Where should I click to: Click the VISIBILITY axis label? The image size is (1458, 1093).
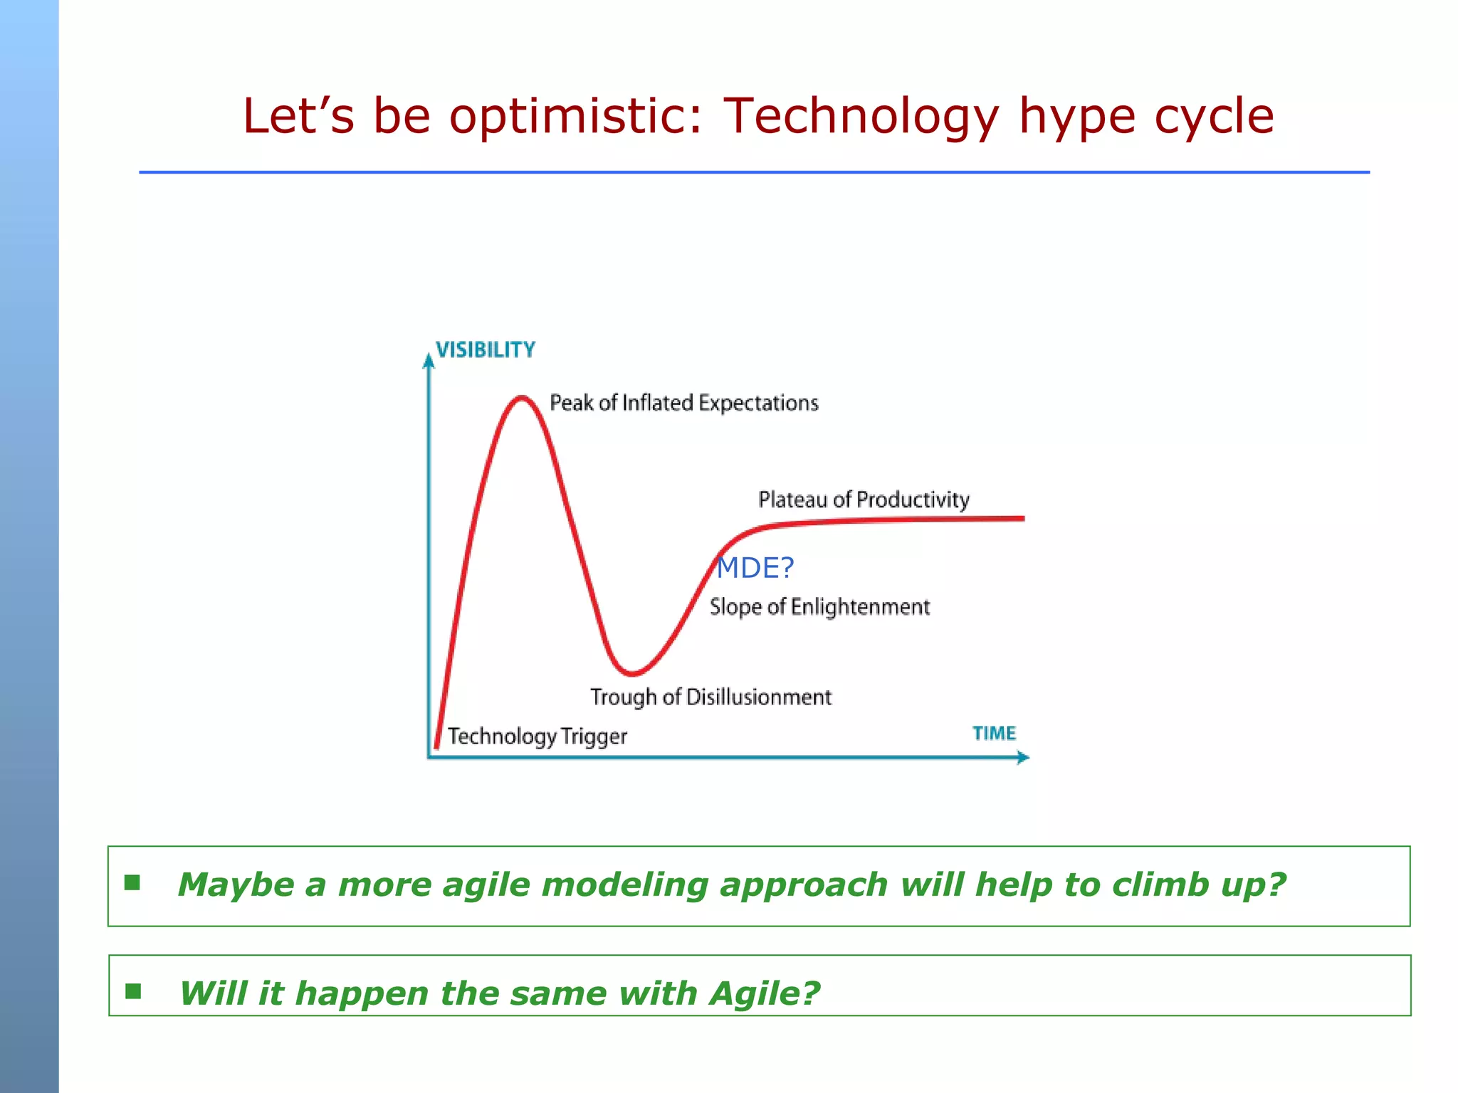[x=485, y=350]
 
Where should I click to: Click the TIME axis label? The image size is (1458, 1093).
[x=994, y=734]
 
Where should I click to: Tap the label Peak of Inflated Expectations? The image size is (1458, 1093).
[x=683, y=403]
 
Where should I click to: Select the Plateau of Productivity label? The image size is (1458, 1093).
[x=864, y=500]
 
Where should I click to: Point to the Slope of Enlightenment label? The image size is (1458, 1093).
[x=819, y=607]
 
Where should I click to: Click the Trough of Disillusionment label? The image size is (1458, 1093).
[x=710, y=697]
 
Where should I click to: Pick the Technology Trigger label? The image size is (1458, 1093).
[x=537, y=736]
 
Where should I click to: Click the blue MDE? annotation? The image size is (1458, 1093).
[x=755, y=568]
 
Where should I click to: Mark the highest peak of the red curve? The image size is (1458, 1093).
[x=522, y=398]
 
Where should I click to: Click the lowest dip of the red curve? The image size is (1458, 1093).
[x=631, y=672]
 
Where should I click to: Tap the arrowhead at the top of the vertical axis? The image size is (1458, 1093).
[x=429, y=361]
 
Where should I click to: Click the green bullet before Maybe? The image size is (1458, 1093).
[x=132, y=883]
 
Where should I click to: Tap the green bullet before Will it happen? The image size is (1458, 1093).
[x=133, y=991]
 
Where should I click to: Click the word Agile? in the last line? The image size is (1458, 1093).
[x=764, y=993]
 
